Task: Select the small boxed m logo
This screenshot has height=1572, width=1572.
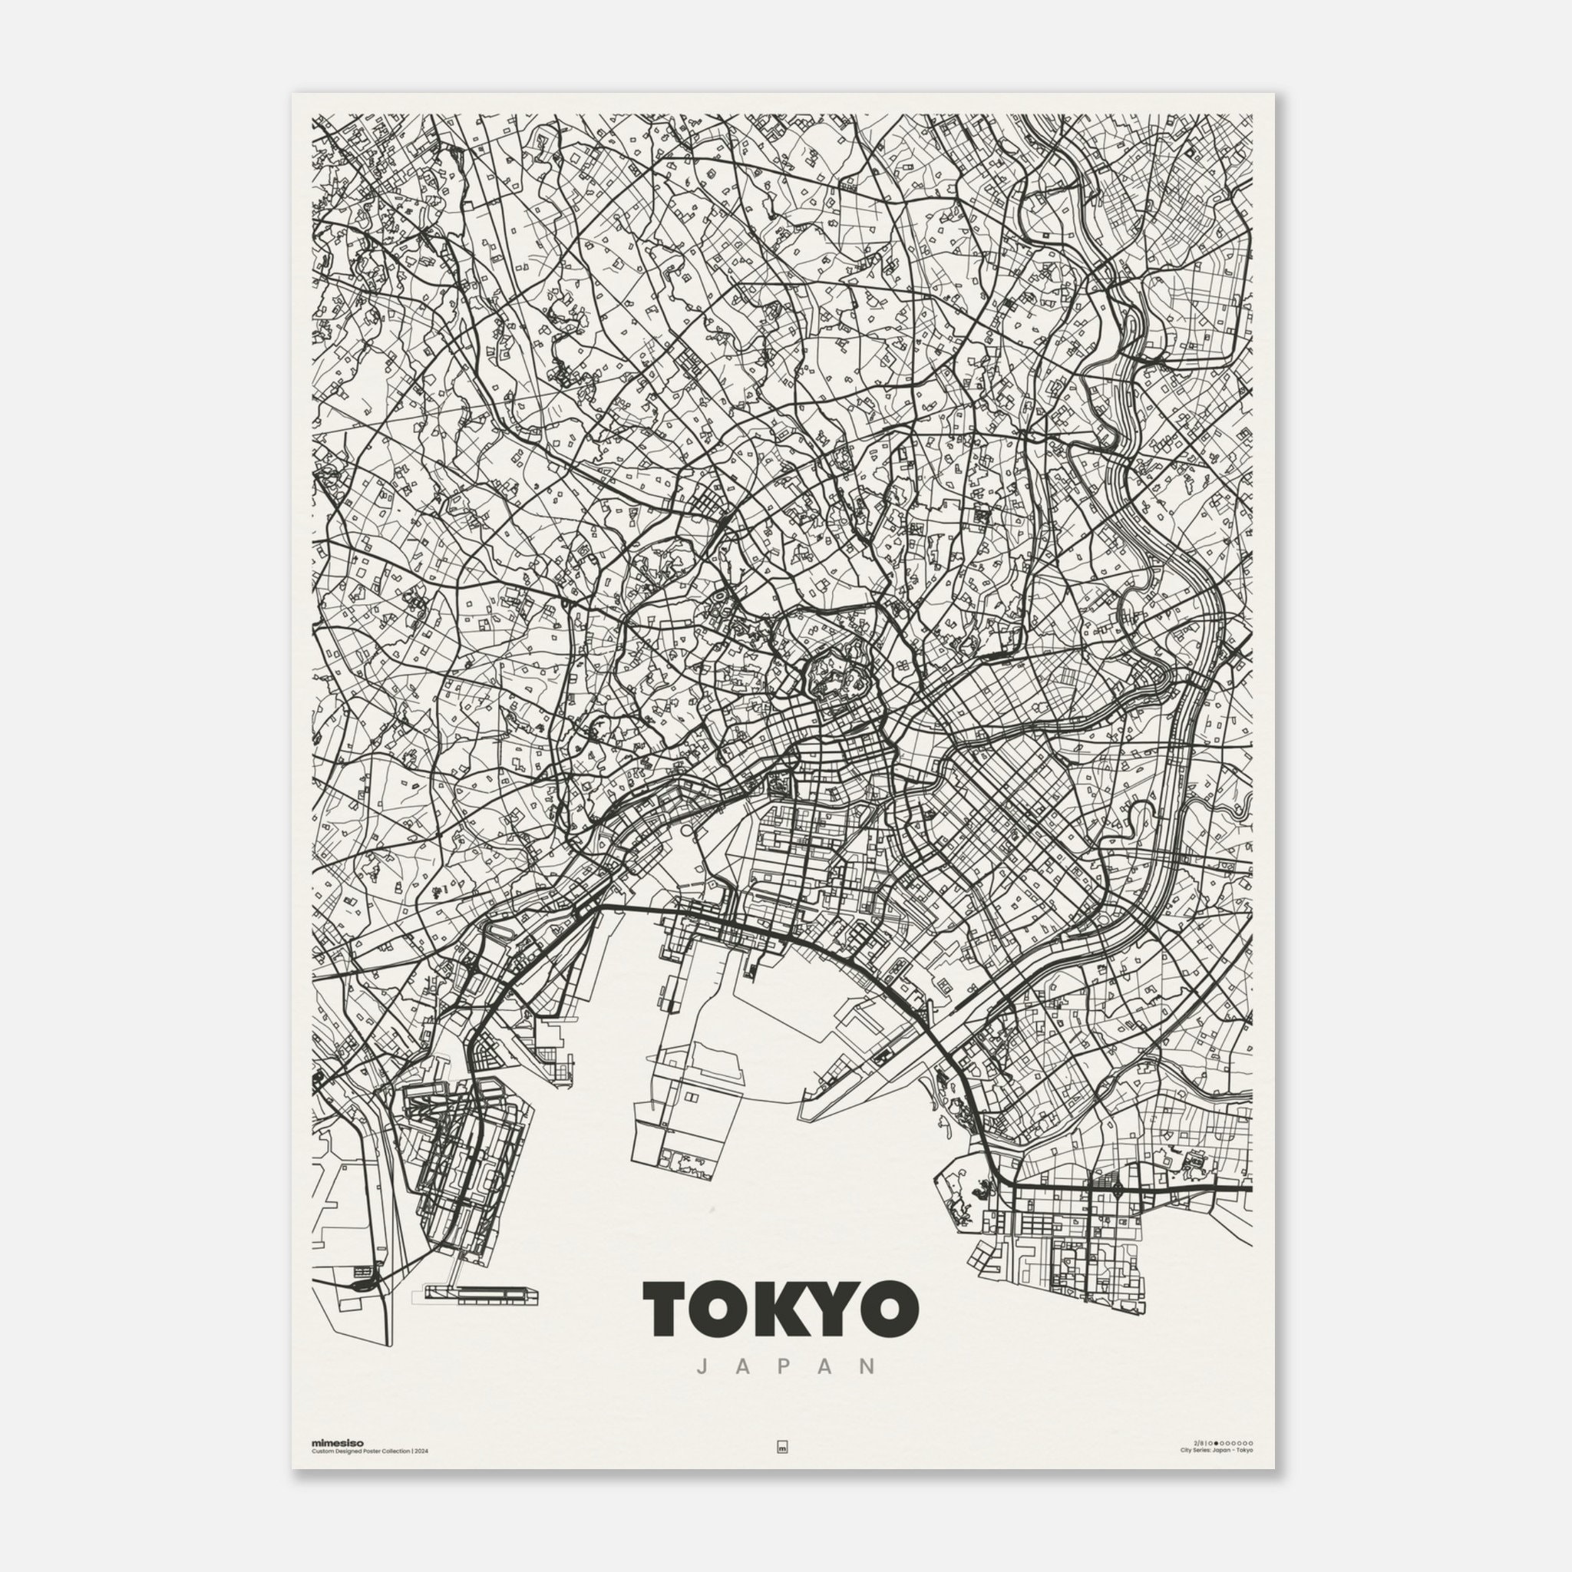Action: click(x=783, y=1448)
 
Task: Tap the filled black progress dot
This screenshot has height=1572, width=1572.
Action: click(x=1217, y=1444)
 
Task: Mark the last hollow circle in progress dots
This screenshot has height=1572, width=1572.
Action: click(x=1251, y=1444)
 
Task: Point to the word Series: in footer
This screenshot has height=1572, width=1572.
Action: click(x=1202, y=1451)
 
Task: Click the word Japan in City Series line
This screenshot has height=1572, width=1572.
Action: click(x=1222, y=1451)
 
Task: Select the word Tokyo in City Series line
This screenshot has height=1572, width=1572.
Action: click(x=1245, y=1451)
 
